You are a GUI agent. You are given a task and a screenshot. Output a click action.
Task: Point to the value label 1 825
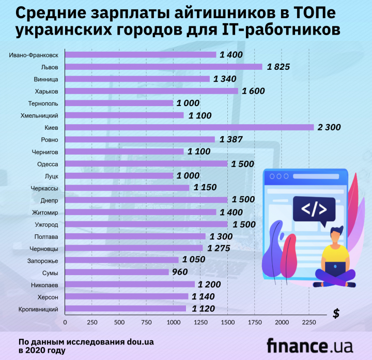(278, 67)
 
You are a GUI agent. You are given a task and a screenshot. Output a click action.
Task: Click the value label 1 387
(230, 139)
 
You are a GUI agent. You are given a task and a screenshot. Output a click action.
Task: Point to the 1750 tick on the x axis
(254, 322)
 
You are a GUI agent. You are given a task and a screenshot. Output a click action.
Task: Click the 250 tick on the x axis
(91, 322)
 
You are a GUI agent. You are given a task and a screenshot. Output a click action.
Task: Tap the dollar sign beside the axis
(336, 313)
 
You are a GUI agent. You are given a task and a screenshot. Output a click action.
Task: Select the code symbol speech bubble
(314, 209)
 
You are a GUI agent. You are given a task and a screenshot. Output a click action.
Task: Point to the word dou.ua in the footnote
(137, 342)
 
